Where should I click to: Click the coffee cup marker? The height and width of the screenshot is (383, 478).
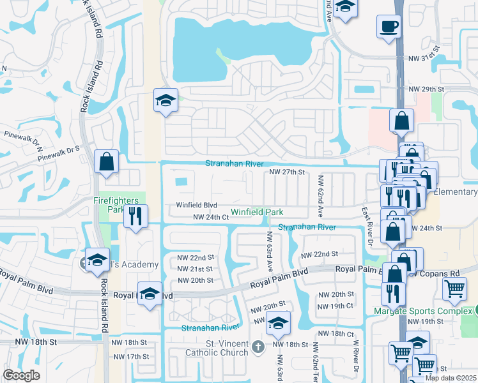(389, 27)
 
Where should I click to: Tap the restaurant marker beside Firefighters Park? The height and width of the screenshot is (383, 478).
(135, 216)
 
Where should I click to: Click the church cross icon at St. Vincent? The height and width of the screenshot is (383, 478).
(258, 347)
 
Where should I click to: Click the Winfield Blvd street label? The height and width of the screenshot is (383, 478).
(197, 206)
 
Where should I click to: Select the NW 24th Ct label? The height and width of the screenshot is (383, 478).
(211, 218)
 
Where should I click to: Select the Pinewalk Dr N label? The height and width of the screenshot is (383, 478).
(22, 135)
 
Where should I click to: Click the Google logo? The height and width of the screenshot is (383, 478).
(21, 375)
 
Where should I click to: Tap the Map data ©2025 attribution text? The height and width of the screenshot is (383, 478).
(451, 378)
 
